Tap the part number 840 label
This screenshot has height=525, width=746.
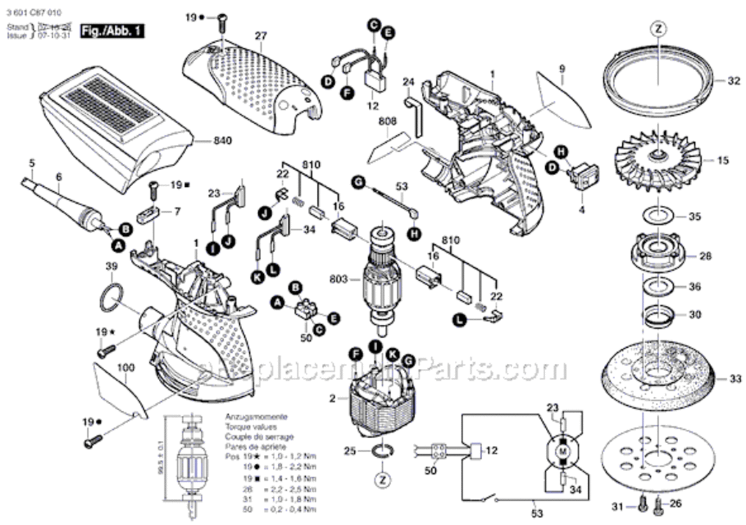[x=222, y=141]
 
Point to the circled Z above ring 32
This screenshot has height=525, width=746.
[x=658, y=29]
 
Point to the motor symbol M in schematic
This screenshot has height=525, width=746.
[x=562, y=453]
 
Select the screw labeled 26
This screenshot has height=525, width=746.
[x=658, y=503]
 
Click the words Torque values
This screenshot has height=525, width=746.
[x=251, y=426]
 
